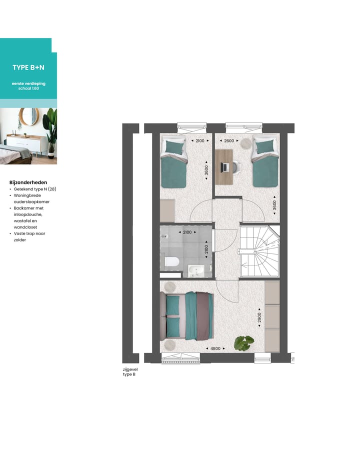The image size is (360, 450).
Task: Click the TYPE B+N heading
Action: tap(28, 67)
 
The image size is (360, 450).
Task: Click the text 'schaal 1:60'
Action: tap(28, 88)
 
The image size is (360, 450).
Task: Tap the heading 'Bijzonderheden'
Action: tap(28, 182)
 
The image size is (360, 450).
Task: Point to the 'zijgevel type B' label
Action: tap(129, 371)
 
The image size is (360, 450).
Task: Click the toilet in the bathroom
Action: tap(171, 261)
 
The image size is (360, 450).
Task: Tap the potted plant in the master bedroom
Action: tap(244, 342)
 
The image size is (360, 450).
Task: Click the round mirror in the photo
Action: tap(28, 116)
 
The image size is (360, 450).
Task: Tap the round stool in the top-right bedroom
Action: tap(245, 142)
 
